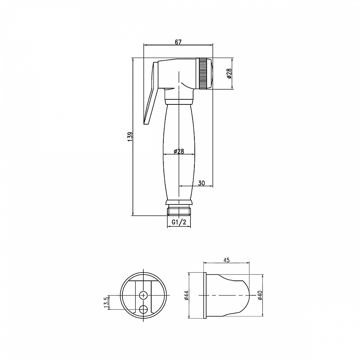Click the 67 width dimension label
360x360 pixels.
[x=178, y=42]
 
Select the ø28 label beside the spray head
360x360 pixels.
[x=229, y=73]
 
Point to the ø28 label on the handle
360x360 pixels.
[x=179, y=151]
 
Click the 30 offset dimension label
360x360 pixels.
[x=201, y=183]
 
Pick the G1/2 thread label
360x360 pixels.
[x=179, y=222]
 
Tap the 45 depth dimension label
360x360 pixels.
[x=226, y=260]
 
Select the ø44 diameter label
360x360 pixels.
[x=186, y=295]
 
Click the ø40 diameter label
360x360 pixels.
[x=260, y=295]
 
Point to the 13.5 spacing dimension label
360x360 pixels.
[x=106, y=302]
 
